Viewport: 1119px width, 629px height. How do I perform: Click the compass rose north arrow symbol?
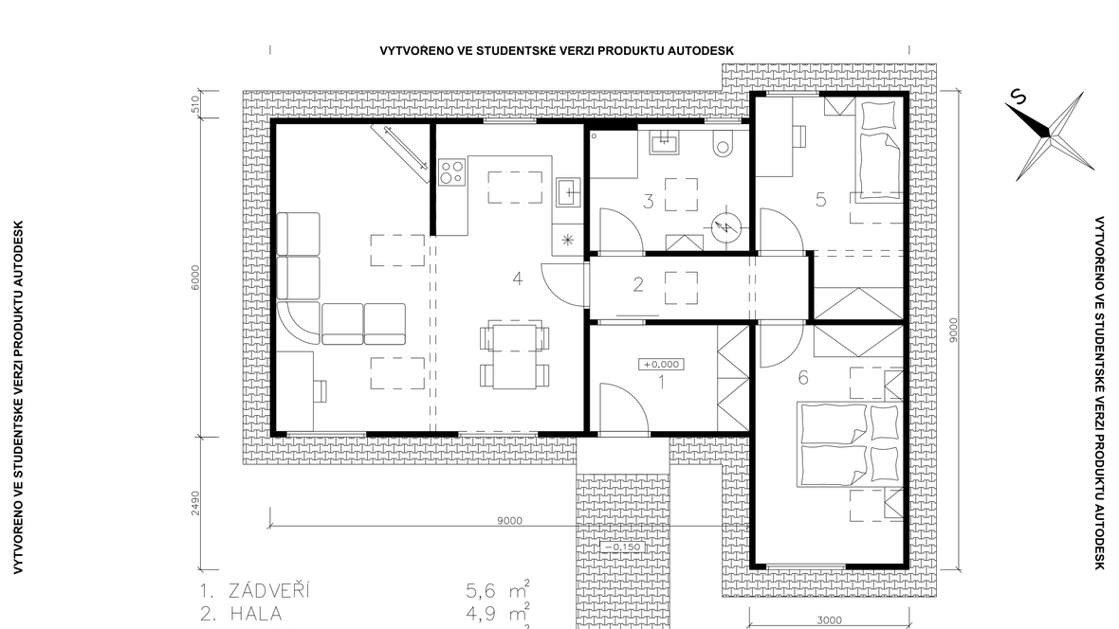1050,135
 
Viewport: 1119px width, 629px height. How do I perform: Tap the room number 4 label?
518,279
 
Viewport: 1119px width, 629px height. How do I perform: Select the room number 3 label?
648,201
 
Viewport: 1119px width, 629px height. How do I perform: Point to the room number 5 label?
820,200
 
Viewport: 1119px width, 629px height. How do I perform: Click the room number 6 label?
803,377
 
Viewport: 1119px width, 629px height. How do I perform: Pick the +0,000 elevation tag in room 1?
662,365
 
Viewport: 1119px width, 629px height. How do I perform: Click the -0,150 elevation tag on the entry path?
622,547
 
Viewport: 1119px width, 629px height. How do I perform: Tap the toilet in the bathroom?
723,145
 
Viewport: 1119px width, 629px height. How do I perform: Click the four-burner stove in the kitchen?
451,171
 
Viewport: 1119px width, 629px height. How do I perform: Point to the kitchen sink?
568,191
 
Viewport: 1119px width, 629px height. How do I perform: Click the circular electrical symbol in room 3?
726,227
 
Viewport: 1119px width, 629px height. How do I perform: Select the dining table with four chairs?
515,356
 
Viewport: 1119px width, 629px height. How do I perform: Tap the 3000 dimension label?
829,620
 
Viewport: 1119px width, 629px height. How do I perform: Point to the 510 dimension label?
195,105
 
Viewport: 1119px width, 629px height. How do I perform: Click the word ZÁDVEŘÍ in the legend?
269,590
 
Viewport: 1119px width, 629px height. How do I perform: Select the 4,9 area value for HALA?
481,613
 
